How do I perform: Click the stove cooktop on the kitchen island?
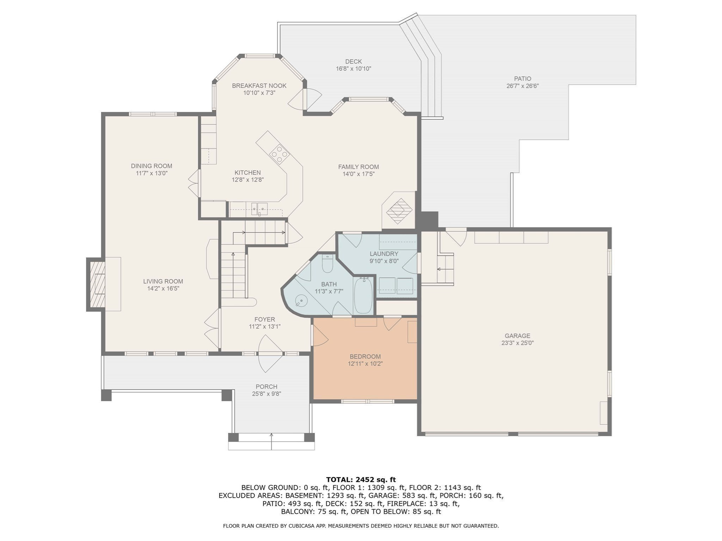point(279,154)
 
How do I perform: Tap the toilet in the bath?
point(328,263)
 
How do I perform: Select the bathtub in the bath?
point(363,295)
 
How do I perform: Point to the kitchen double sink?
point(259,209)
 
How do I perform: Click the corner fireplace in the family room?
point(399,211)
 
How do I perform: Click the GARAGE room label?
point(517,336)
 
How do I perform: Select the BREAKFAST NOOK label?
point(259,86)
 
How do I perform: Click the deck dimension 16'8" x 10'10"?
point(353,69)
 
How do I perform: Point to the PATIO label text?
point(522,79)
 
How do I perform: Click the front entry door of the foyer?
point(270,353)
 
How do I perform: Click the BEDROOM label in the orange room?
point(365,356)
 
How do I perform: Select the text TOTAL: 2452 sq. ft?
point(361,479)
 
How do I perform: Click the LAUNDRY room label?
point(384,254)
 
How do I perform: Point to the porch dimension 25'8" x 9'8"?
point(267,394)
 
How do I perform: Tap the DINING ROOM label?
point(152,166)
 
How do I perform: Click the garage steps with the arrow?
point(445,269)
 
